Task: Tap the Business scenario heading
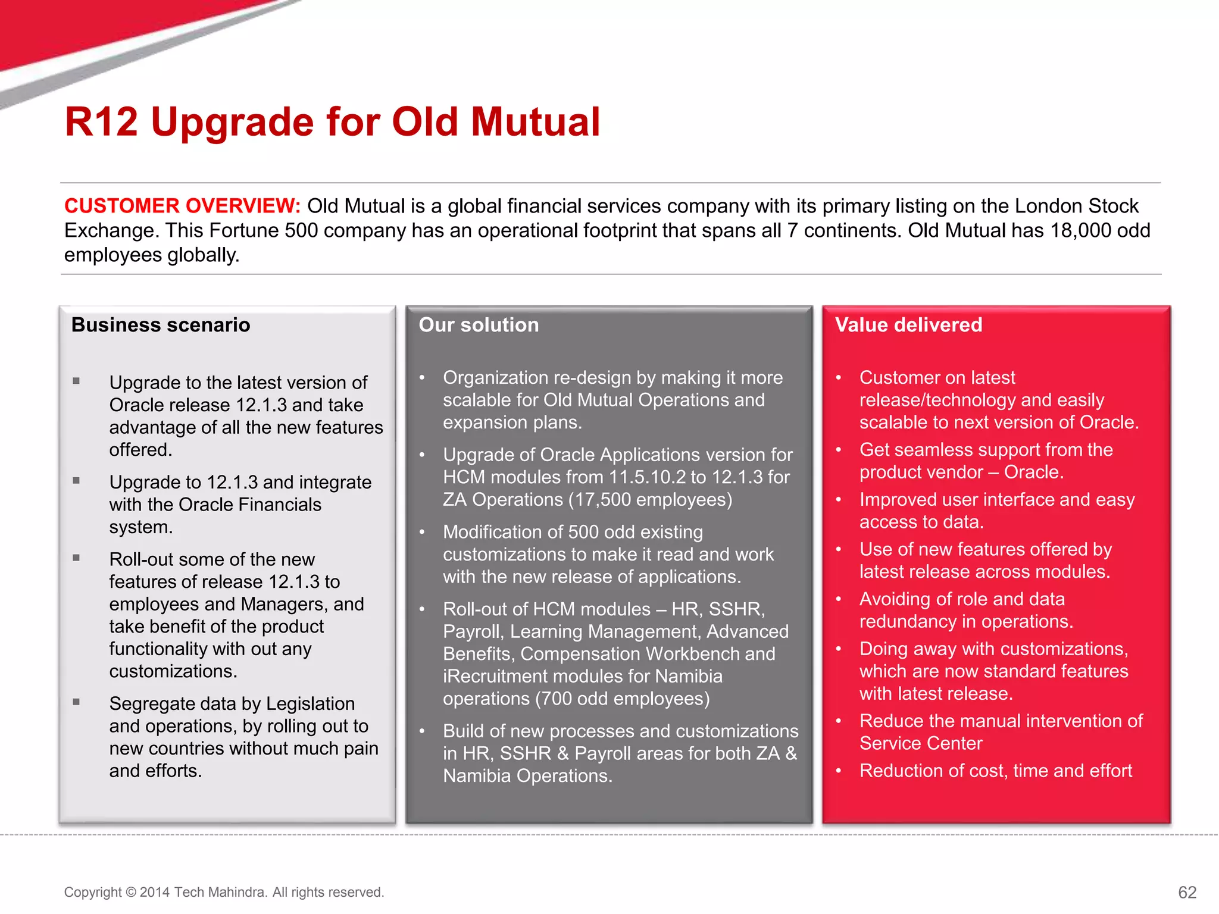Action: point(161,325)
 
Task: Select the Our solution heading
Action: point(479,325)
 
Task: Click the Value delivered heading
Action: point(908,325)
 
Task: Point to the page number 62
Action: point(1187,892)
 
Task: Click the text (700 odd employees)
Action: point(622,699)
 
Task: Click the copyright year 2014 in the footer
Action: point(155,892)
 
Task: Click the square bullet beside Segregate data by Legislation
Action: point(76,702)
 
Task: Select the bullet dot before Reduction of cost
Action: point(838,771)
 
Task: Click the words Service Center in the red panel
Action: point(921,744)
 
